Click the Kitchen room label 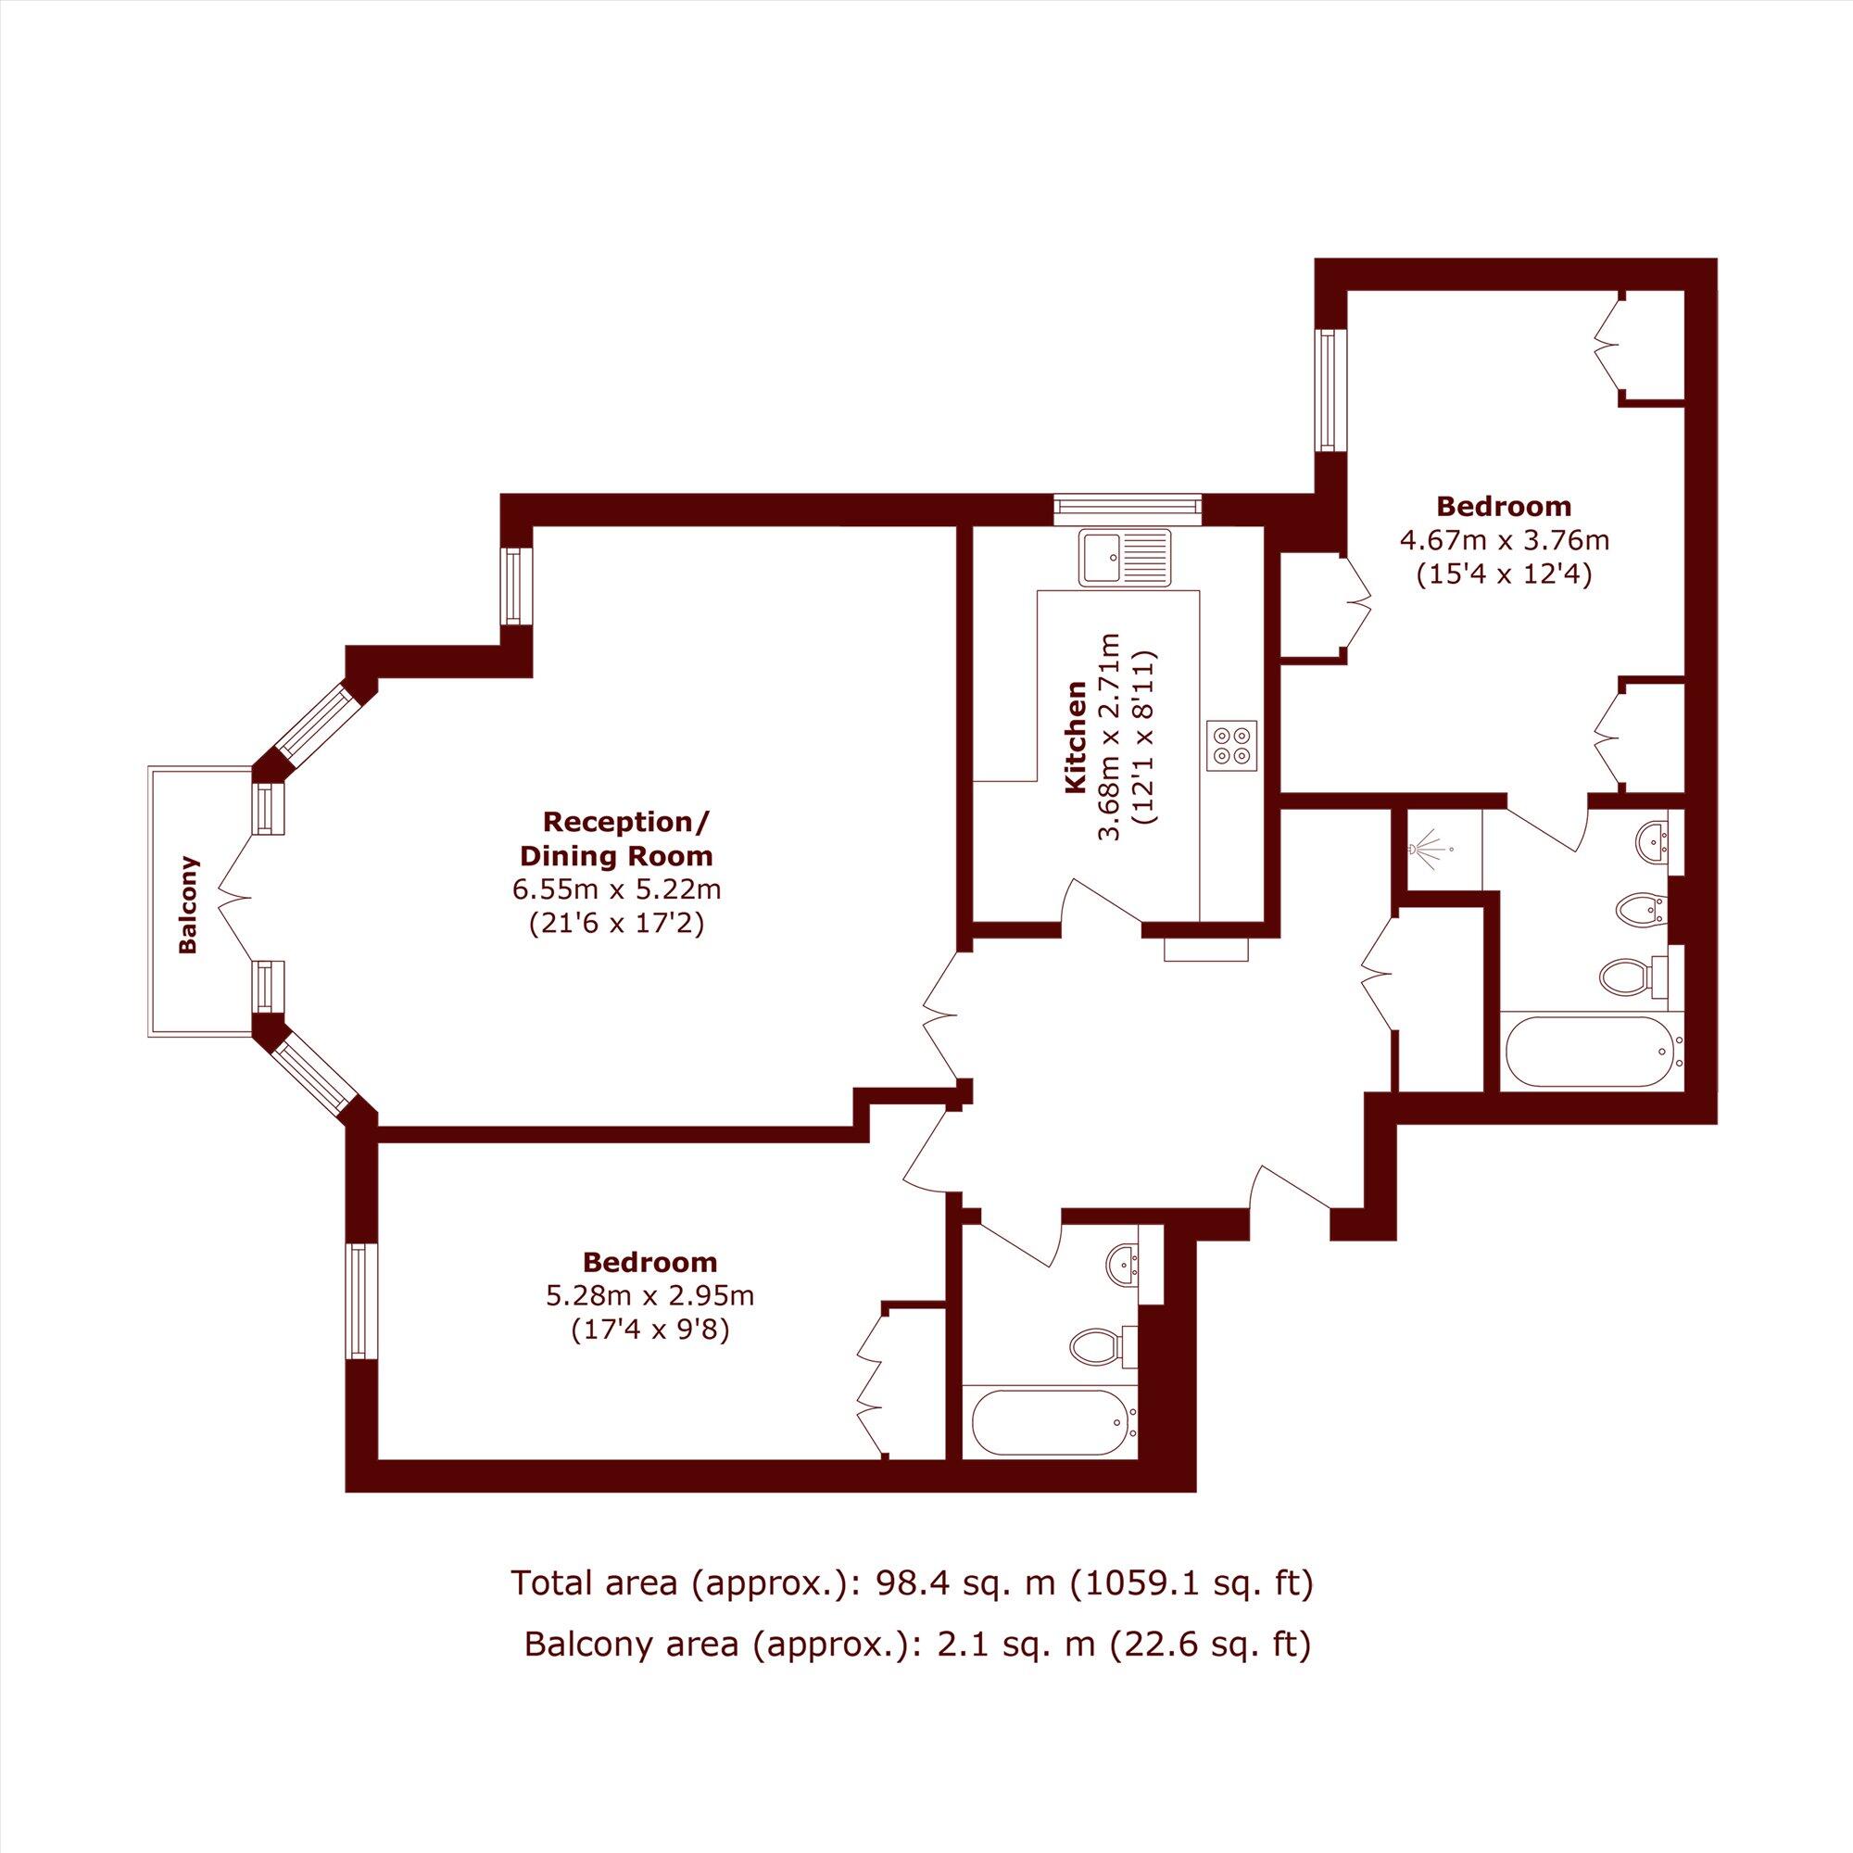1076,737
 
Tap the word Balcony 189,904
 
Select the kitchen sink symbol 1123,557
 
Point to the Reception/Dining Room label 627,838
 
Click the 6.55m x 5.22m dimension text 616,889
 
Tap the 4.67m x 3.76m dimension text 1504,540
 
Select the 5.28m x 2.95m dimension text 650,1296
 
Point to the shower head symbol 1430,848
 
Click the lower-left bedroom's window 359,1301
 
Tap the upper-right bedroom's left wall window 1330,389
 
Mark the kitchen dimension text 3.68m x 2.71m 1109,736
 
